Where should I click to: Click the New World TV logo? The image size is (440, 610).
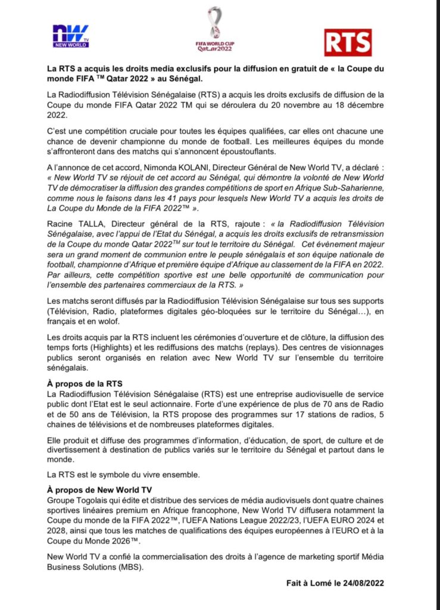pos(70,37)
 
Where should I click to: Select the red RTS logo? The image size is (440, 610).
pos(348,42)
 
